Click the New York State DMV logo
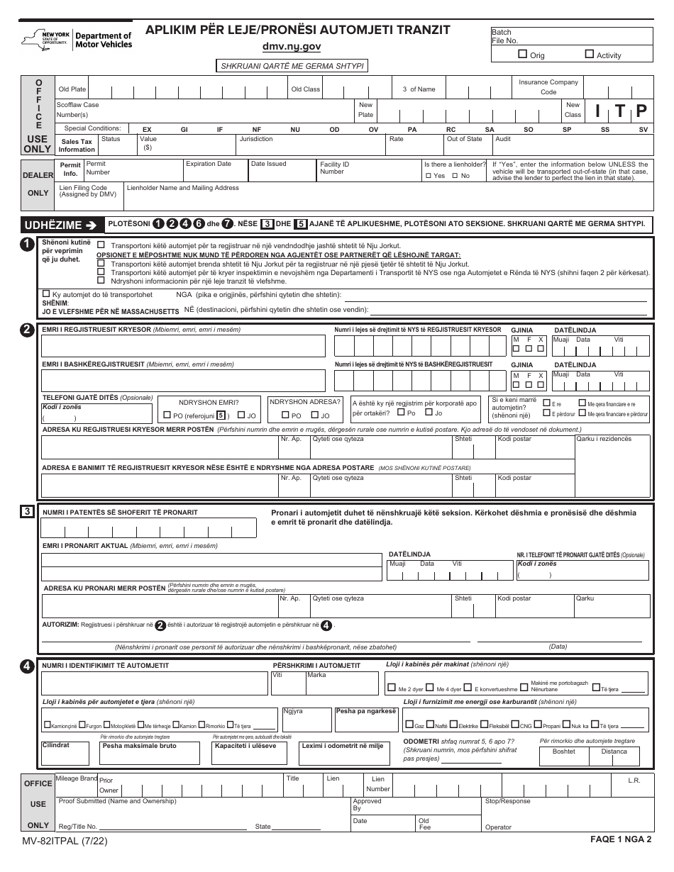76,40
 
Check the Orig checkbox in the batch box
523,54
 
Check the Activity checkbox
590,54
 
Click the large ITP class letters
621,111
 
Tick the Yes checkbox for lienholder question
428,175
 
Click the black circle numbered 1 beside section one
27,244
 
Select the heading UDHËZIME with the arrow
60,225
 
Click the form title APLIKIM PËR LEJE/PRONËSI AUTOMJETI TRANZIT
297,30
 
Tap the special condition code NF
257,130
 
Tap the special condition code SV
643,130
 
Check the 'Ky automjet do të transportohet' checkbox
46,294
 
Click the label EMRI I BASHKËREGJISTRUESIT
138,364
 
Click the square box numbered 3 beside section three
27,511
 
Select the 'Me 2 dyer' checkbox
392,688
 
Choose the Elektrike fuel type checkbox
453,725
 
